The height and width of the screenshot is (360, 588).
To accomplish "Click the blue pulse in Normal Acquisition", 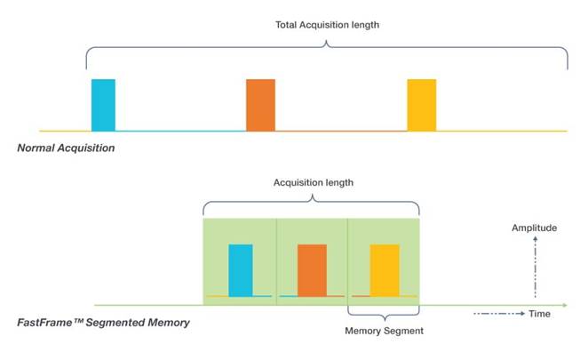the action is click(104, 105).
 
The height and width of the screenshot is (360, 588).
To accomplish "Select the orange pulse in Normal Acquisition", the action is click(260, 105).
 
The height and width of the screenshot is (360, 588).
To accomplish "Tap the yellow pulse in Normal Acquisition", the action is click(422, 105).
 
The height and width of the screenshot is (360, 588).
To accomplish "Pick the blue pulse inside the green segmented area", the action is click(241, 270).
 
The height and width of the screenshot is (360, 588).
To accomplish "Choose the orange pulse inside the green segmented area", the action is click(312, 270).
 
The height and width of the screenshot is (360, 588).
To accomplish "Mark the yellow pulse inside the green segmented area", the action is click(385, 270).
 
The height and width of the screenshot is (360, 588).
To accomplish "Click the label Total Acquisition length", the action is click(328, 25).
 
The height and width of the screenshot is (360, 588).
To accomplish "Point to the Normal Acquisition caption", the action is click(66, 148).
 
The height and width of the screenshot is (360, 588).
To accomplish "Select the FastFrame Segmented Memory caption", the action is click(104, 323).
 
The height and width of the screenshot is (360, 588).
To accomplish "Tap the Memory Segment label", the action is click(384, 331).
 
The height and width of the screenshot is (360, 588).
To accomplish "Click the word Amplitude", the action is click(535, 228).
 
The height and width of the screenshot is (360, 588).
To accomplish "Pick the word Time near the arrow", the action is click(540, 314).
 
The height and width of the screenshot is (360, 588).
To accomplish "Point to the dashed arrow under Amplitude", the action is click(535, 267).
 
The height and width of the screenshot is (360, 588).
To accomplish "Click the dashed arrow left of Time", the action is click(499, 314).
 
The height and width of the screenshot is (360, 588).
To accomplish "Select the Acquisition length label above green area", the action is click(314, 183).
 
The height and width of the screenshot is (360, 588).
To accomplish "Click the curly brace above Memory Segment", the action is click(384, 315).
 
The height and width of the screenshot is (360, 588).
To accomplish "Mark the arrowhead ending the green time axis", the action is click(565, 305).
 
